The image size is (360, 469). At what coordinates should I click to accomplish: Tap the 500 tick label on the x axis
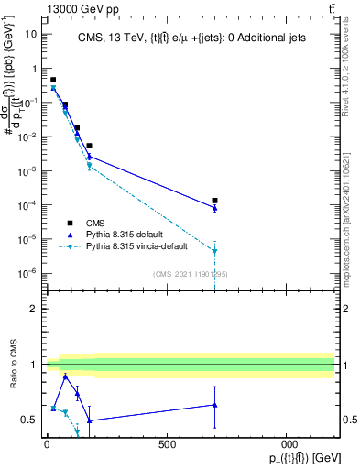pos(167,444)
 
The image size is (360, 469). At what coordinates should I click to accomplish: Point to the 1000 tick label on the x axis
pos(286,444)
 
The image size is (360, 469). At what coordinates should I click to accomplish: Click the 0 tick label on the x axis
pos(47,444)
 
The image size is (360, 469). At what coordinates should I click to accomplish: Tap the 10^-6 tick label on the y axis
pos(27,273)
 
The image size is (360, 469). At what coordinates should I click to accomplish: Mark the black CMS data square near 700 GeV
pos(214,200)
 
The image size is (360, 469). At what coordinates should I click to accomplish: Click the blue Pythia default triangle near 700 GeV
pos(214,208)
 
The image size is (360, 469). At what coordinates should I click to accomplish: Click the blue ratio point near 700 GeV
pos(214,405)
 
